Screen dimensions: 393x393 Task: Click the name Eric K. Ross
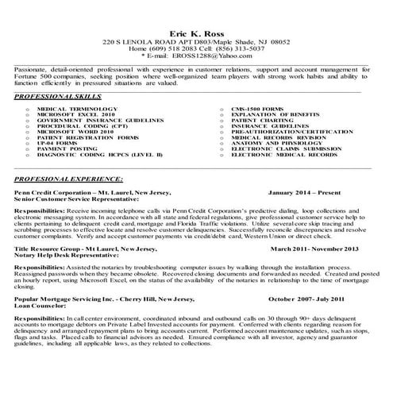196,33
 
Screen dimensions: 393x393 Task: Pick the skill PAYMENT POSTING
66,148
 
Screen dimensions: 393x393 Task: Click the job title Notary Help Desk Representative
70,255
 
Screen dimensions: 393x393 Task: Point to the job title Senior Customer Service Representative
82,198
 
